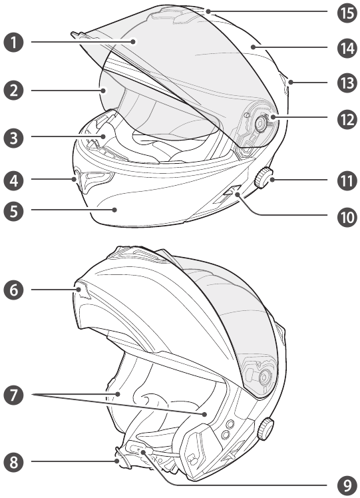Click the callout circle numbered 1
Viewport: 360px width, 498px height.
click(x=14, y=42)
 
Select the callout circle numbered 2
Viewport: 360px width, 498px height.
click(x=14, y=91)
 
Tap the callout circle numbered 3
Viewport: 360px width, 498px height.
click(x=14, y=138)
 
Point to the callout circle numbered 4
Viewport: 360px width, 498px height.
click(x=14, y=180)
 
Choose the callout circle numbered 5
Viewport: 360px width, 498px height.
click(x=14, y=210)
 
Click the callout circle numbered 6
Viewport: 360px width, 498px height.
click(x=14, y=290)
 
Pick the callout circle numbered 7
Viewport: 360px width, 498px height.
click(x=14, y=395)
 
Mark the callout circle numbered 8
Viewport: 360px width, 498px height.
click(x=14, y=462)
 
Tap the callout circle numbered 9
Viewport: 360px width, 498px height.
click(x=347, y=485)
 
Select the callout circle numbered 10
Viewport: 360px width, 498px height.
click(x=347, y=218)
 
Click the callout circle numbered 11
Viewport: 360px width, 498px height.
click(x=347, y=180)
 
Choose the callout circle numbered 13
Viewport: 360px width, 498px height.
click(x=347, y=83)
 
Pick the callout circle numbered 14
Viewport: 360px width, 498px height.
click(x=347, y=49)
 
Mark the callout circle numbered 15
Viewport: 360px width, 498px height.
click(x=347, y=13)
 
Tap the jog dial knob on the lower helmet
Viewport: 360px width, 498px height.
click(x=266, y=429)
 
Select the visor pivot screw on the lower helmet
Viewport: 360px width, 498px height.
click(x=264, y=377)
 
